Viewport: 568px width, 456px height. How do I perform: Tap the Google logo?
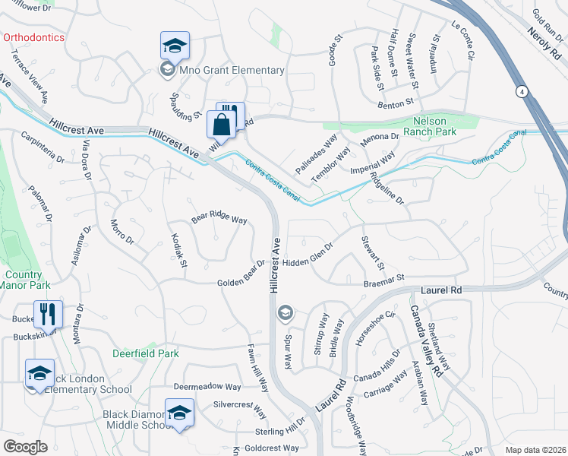click(25, 446)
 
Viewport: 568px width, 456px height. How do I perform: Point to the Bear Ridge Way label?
click(219, 218)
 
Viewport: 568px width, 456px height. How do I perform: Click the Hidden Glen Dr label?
click(308, 255)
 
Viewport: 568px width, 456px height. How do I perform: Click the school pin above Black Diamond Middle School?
click(179, 413)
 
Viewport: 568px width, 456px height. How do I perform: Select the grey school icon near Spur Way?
click(285, 312)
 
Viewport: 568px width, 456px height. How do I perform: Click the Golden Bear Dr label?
click(241, 274)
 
